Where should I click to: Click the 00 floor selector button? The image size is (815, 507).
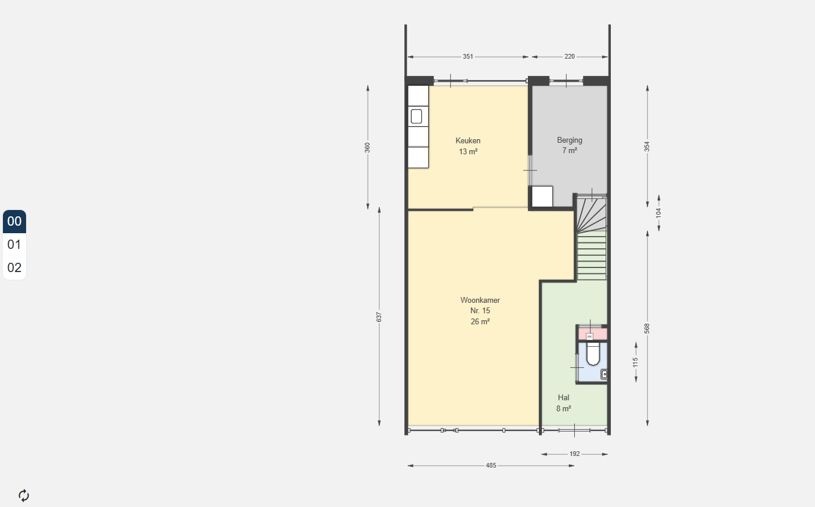(15, 221)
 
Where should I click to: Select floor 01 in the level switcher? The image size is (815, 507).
(15, 245)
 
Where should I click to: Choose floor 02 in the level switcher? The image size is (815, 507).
(15, 268)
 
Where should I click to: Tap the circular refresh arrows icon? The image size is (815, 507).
(24, 495)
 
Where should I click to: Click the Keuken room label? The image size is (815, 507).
(468, 141)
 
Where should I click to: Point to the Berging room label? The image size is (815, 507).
(570, 140)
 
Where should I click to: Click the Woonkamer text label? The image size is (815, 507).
(480, 300)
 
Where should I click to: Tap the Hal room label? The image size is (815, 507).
(563, 398)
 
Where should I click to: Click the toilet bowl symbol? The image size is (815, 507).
(593, 354)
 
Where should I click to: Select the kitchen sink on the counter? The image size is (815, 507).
(416, 117)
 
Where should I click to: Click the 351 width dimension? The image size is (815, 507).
(468, 57)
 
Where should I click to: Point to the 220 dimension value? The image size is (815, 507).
(570, 57)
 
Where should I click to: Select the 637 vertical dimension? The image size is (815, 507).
(379, 317)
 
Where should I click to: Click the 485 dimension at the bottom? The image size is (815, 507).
(491, 465)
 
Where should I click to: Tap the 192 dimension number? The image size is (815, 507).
(574, 454)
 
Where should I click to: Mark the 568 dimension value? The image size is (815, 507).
(647, 329)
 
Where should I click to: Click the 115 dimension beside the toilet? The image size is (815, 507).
(635, 363)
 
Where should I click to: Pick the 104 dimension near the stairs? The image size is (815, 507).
(658, 213)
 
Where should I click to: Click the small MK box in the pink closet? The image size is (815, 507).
(590, 336)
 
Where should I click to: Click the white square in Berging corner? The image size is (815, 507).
(542, 197)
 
